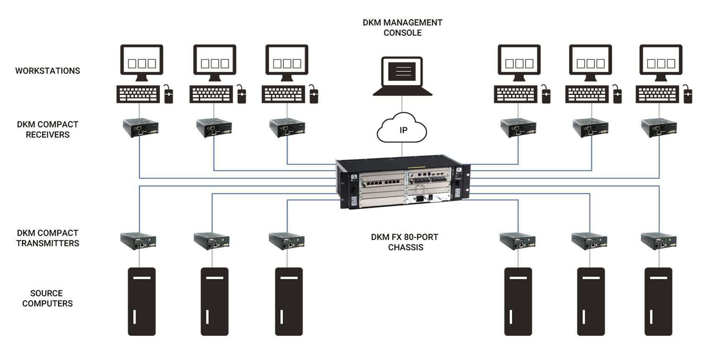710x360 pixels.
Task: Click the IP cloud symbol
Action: coord(402,129)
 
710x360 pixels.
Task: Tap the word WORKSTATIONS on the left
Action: coord(48,71)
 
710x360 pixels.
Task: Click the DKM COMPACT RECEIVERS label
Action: coord(48,129)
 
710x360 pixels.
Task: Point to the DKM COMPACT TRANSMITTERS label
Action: coord(48,238)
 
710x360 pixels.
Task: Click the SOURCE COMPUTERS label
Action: coord(47,298)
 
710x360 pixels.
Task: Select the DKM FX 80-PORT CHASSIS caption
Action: coord(405,242)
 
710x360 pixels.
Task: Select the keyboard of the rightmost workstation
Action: coord(657,94)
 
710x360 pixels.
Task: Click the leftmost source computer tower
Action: coord(142,302)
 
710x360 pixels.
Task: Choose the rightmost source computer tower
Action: coord(658,302)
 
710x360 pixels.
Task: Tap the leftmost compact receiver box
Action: coord(141,128)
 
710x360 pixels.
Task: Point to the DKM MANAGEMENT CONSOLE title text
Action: coord(402,28)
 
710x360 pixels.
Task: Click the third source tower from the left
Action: coord(289,302)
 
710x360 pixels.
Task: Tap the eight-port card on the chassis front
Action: coord(382,183)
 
